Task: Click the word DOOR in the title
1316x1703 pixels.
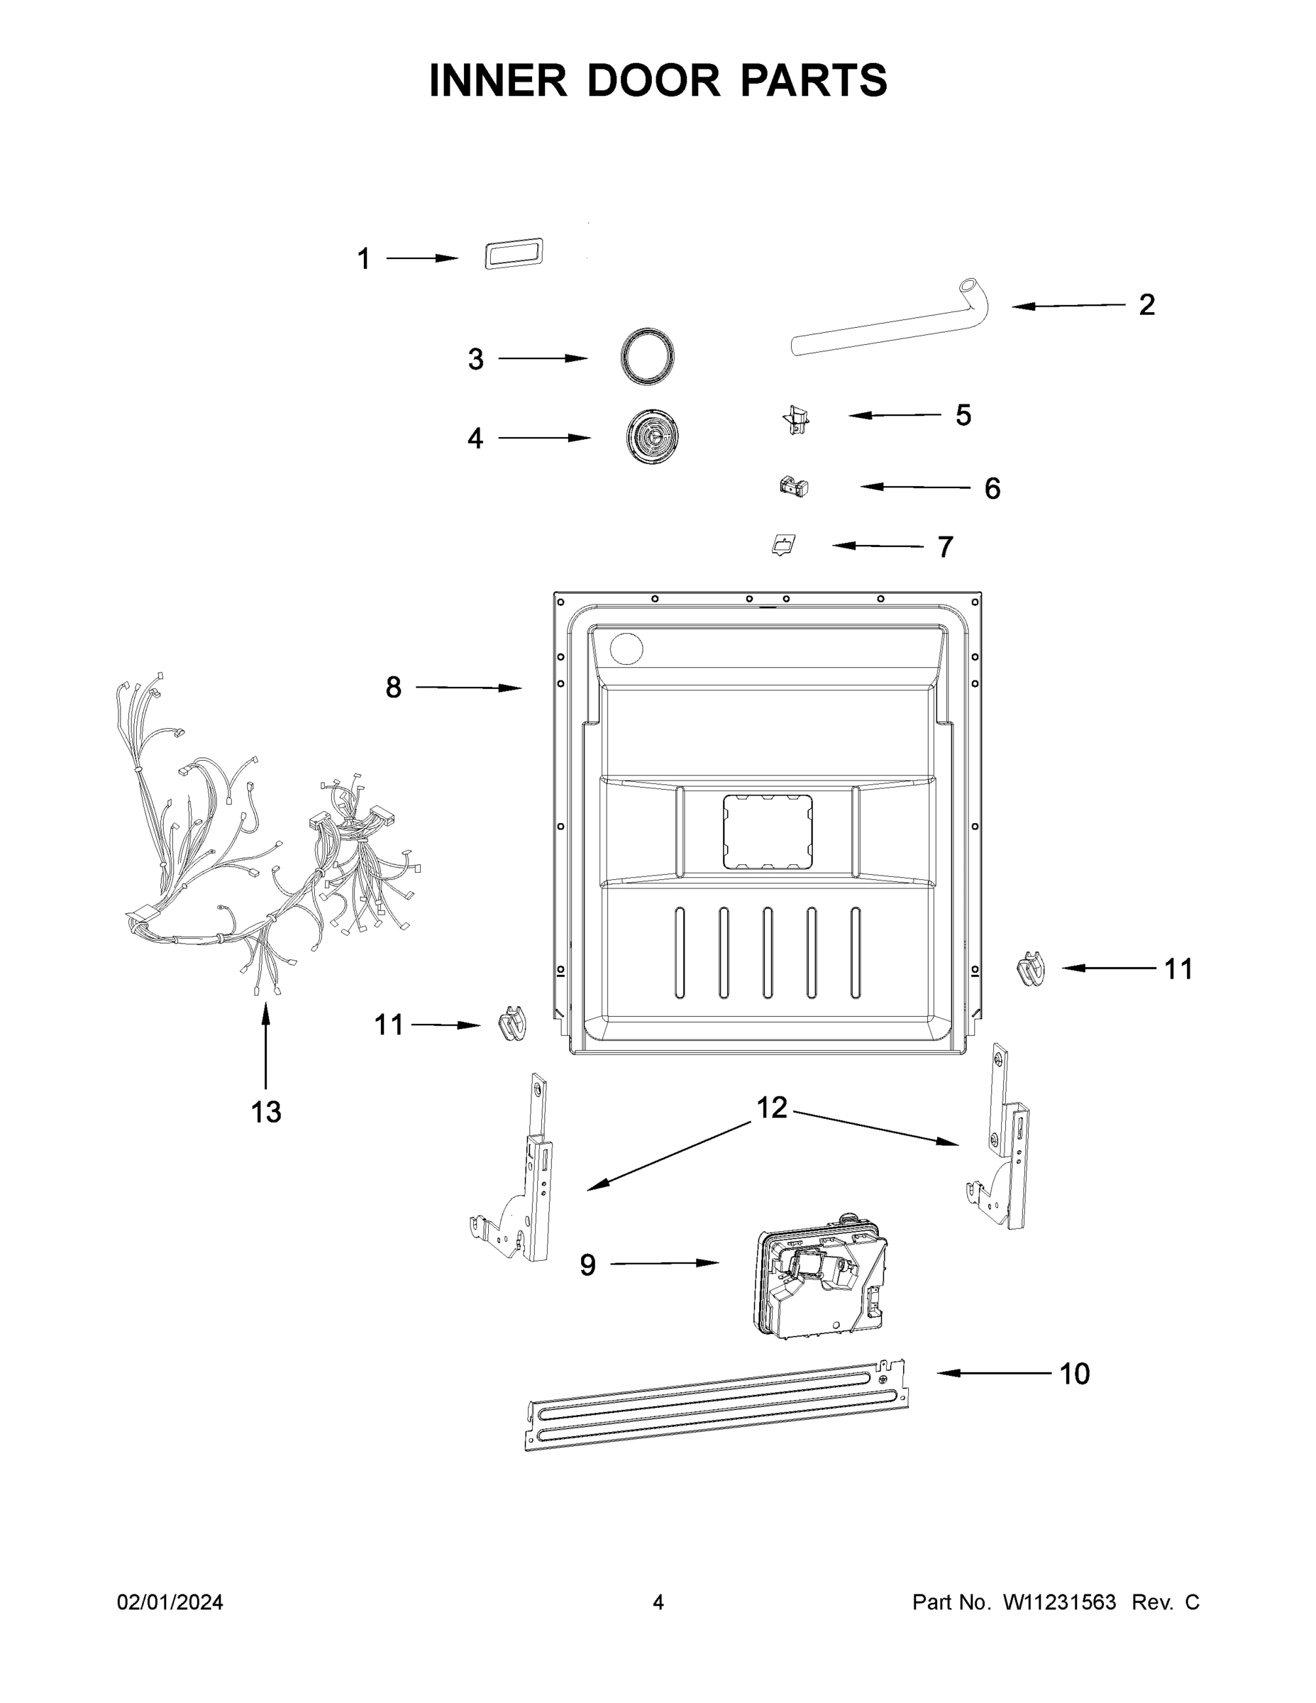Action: [x=653, y=80]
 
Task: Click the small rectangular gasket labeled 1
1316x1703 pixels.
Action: [x=514, y=254]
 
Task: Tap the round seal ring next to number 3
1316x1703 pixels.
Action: [x=647, y=356]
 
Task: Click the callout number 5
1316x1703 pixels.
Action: [x=963, y=416]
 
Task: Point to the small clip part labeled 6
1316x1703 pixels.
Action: [x=794, y=487]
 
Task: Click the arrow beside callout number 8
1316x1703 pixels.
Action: [x=468, y=687]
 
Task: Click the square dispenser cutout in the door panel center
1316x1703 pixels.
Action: [x=767, y=832]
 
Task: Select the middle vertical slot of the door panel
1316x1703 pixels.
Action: [x=767, y=952]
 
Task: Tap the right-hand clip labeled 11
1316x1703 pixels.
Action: [x=1031, y=969]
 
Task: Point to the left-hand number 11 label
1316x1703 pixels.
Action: [x=388, y=1025]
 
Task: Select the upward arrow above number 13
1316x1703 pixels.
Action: [x=265, y=1045]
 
